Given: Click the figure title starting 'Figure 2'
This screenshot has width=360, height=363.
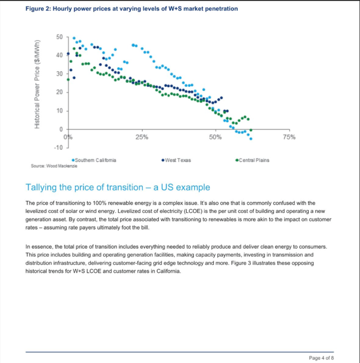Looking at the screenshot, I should (x=131, y=9).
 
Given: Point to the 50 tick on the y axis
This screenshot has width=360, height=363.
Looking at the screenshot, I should (x=59, y=37).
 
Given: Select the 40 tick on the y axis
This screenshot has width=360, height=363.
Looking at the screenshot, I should (x=59, y=55).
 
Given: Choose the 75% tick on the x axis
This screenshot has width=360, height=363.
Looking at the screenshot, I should (x=289, y=137).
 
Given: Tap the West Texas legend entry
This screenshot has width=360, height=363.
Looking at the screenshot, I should (x=177, y=160).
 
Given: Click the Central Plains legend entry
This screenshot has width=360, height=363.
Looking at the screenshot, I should (x=253, y=160).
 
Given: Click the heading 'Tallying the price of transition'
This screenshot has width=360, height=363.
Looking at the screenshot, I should (x=117, y=188).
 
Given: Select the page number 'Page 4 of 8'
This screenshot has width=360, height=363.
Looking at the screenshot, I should (x=321, y=357).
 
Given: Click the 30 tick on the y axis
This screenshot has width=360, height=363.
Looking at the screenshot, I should (x=59, y=74).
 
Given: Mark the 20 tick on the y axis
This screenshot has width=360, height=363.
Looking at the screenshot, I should (x=59, y=92).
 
